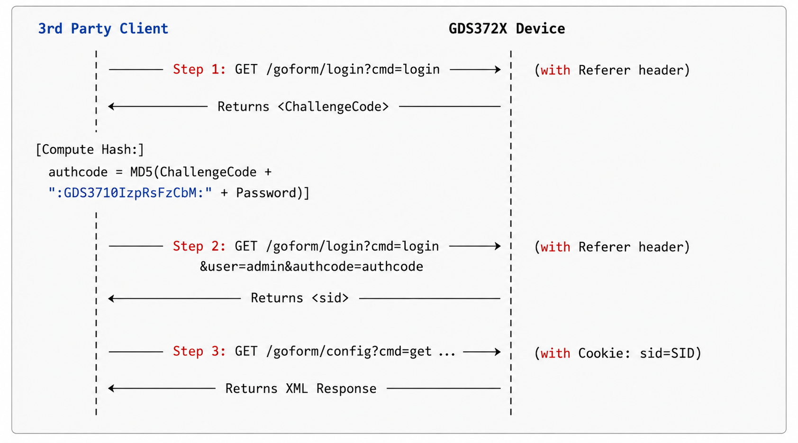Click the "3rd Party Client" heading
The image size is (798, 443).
pyautogui.click(x=103, y=29)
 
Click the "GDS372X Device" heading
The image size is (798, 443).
pyautogui.click(x=507, y=28)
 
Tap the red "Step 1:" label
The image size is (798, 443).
pyautogui.click(x=199, y=69)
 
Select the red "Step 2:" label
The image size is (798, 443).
pyautogui.click(x=199, y=246)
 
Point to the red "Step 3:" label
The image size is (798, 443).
pyautogui.click(x=199, y=351)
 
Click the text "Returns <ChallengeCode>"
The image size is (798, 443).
pyautogui.click(x=303, y=107)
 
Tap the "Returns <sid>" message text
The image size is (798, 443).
pyautogui.click(x=299, y=298)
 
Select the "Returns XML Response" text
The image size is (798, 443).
pyautogui.click(x=301, y=388)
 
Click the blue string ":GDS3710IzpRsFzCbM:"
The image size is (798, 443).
pyautogui.click(x=130, y=193)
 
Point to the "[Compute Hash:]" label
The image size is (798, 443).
pyautogui.click(x=90, y=149)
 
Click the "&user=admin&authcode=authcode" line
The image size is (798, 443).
pyautogui.click(x=311, y=267)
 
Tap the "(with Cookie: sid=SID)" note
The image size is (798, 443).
pyautogui.click(x=618, y=353)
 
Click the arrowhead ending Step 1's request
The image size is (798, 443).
pyautogui.click(x=498, y=69)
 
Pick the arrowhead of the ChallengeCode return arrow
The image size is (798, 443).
pyautogui.click(x=111, y=106)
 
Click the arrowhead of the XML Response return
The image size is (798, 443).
pyautogui.click(x=111, y=388)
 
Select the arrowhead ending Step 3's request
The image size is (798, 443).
pyautogui.click(x=498, y=352)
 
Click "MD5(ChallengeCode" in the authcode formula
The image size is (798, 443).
pyautogui.click(x=193, y=172)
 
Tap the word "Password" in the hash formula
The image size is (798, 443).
pyautogui.click(x=266, y=193)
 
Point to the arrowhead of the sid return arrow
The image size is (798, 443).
pyautogui.click(x=111, y=298)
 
